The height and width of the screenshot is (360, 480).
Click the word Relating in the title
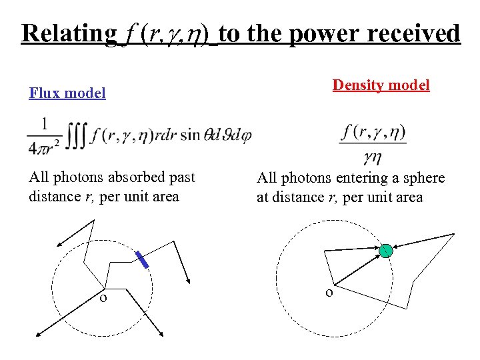tap(69, 33)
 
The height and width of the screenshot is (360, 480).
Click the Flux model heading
tap(67, 93)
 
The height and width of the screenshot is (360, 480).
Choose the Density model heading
tap(381, 85)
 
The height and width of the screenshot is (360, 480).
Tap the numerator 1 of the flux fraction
tap(44, 125)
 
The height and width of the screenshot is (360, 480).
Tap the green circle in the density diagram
tap(385, 251)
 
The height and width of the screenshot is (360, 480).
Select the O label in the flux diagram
tap(103, 298)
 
